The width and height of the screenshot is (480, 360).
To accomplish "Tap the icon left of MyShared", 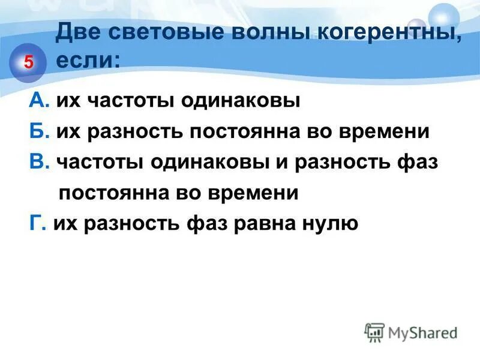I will coord(374,332).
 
